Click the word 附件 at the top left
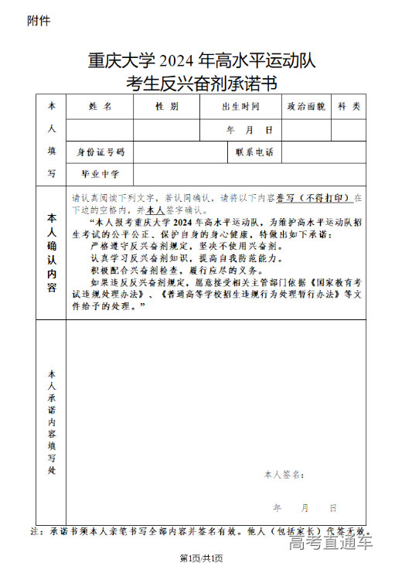tap(39, 20)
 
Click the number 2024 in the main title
tap(179, 59)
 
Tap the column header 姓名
tap(100, 106)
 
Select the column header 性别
tap(166, 106)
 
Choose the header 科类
tap(349, 106)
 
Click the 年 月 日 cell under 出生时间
tap(249, 130)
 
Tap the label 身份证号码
tap(100, 152)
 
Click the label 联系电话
tap(254, 152)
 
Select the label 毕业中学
tap(100, 174)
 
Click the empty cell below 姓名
tap(100, 130)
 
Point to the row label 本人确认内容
tap(51, 252)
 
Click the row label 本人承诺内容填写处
tap(51, 421)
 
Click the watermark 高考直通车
tap(330, 544)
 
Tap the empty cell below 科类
tap(349, 130)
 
